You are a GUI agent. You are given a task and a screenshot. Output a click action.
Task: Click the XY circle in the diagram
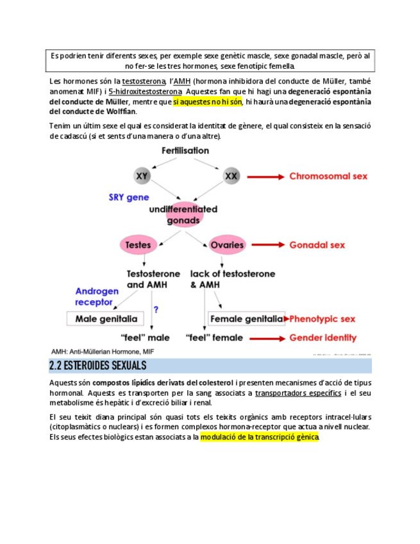pyautogui.click(x=143, y=175)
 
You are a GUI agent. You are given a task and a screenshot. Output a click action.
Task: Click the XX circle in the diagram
pyautogui.click(x=230, y=175)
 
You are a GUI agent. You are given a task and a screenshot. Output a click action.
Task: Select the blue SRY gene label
pyautogui.click(x=129, y=198)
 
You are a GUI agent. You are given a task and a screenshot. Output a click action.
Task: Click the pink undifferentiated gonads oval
pyautogui.click(x=183, y=214)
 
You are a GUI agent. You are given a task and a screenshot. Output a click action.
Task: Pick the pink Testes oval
pyautogui.click(x=138, y=244)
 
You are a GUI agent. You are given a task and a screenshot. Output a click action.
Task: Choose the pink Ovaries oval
pyautogui.click(x=227, y=244)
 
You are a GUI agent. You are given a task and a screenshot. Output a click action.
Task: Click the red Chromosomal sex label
pyautogui.click(x=328, y=176)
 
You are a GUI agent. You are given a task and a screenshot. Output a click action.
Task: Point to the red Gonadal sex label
pyautogui.click(x=317, y=244)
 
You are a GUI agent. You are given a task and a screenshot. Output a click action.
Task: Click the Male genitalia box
pyautogui.click(x=106, y=318)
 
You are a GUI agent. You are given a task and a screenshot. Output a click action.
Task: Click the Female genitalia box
pyautogui.click(x=246, y=318)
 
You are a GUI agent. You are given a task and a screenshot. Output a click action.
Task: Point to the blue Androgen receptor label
pyautogui.click(x=97, y=296)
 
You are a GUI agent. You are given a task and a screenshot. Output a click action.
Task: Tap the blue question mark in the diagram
pyautogui.click(x=156, y=309)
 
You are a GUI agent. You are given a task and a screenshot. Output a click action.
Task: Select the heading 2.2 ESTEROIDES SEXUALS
pyautogui.click(x=98, y=366)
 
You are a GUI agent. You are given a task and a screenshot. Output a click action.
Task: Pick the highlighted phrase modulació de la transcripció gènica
pyautogui.click(x=259, y=438)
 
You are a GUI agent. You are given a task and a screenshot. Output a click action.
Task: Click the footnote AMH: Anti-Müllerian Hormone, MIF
pyautogui.click(x=103, y=352)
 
